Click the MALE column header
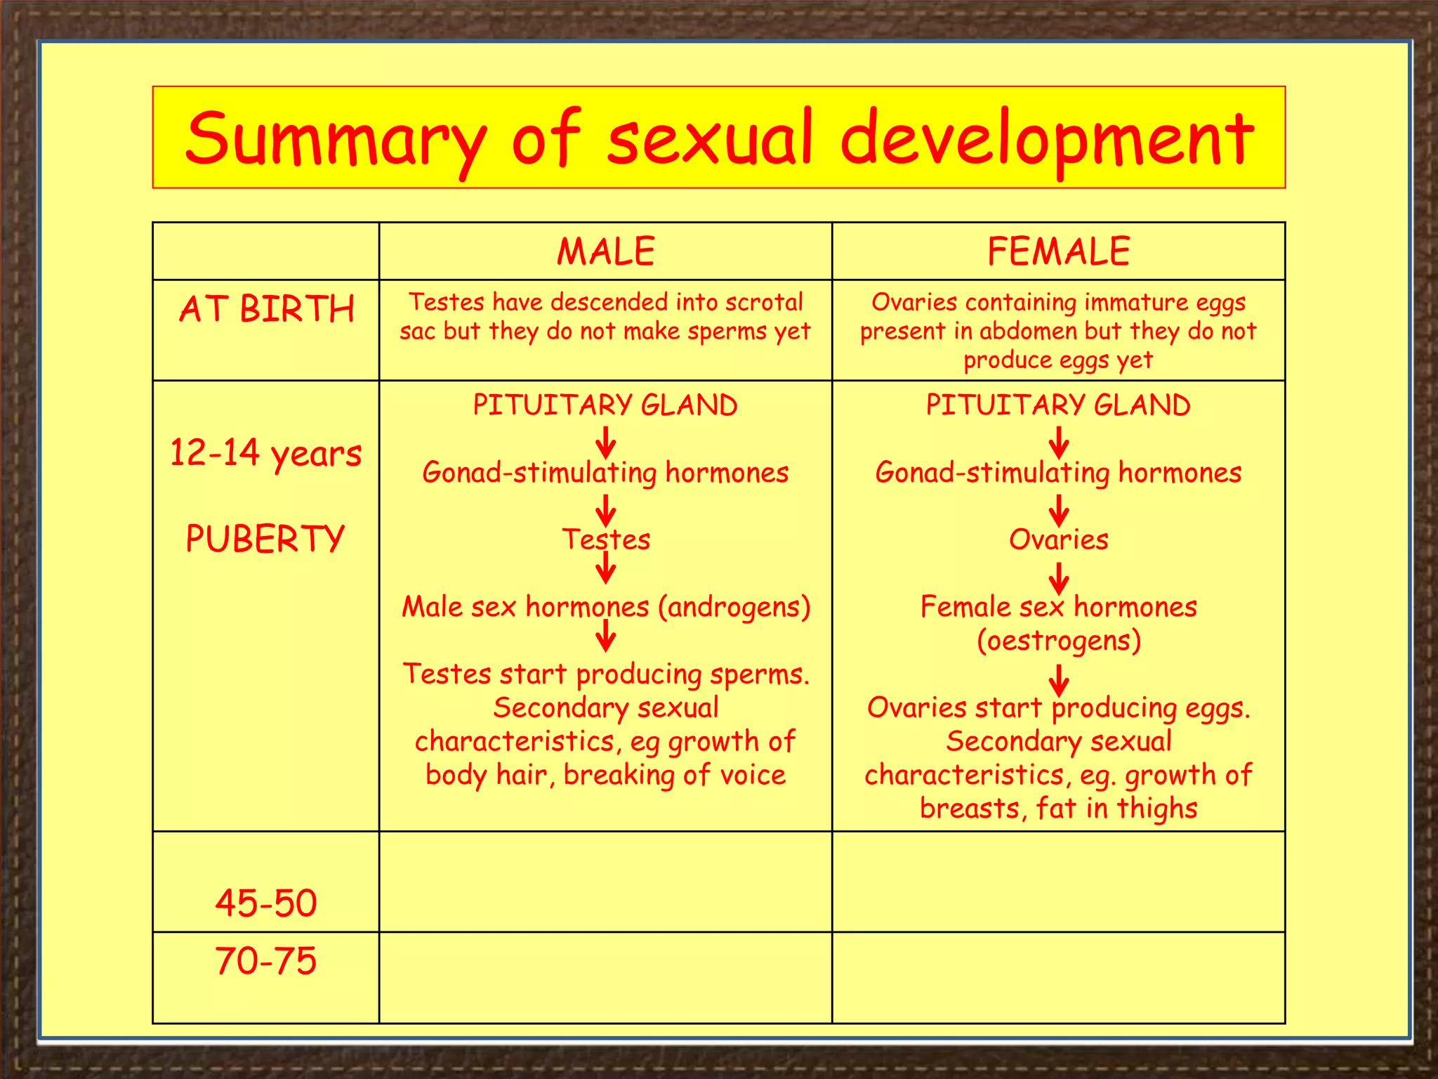[605, 251]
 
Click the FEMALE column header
[1058, 251]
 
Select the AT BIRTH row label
[266, 309]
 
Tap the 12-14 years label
[266, 453]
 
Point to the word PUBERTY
[265, 539]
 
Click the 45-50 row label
[266, 903]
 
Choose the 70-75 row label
[266, 960]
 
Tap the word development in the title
[1046, 139]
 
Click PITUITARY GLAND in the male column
[605, 405]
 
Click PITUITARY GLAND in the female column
[1058, 405]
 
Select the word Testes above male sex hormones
[606, 539]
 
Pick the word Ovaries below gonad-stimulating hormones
[1058, 539]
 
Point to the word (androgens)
[734, 607]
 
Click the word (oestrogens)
[1058, 641]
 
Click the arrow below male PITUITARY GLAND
[605, 443]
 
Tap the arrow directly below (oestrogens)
[1059, 680]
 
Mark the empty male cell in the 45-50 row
[605, 882]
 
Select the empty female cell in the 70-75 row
[1058, 977]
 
